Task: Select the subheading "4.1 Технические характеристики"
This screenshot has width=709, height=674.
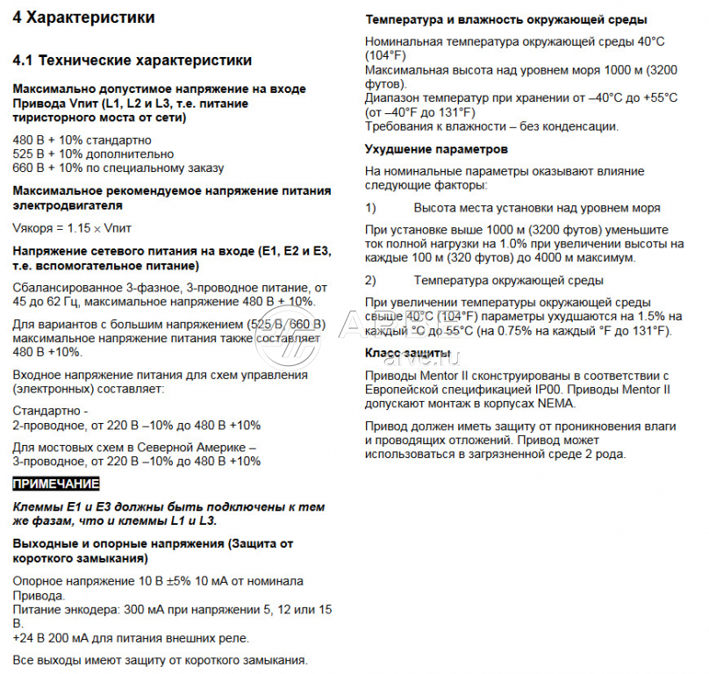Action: pyautogui.click(x=132, y=61)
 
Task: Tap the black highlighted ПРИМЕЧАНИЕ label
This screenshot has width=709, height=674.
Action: pyautogui.click(x=56, y=484)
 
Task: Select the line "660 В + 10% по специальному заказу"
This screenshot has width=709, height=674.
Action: pyautogui.click(x=106, y=168)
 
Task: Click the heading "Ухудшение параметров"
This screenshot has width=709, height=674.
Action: pyautogui.click(x=436, y=149)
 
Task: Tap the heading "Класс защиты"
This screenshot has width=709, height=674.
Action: pyautogui.click(x=407, y=353)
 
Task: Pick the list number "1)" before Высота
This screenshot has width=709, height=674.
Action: pyautogui.click(x=370, y=208)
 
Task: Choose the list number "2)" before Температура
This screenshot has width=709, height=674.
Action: pyautogui.click(x=370, y=280)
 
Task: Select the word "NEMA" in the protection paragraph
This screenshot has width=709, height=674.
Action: pyautogui.click(x=556, y=404)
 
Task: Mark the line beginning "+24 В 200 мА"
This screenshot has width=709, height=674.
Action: pyautogui.click(x=131, y=637)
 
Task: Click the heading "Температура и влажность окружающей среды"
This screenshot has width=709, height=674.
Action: pyautogui.click(x=506, y=19)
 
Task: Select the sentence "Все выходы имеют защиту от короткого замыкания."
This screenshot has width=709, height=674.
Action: pyautogui.click(x=160, y=659)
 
